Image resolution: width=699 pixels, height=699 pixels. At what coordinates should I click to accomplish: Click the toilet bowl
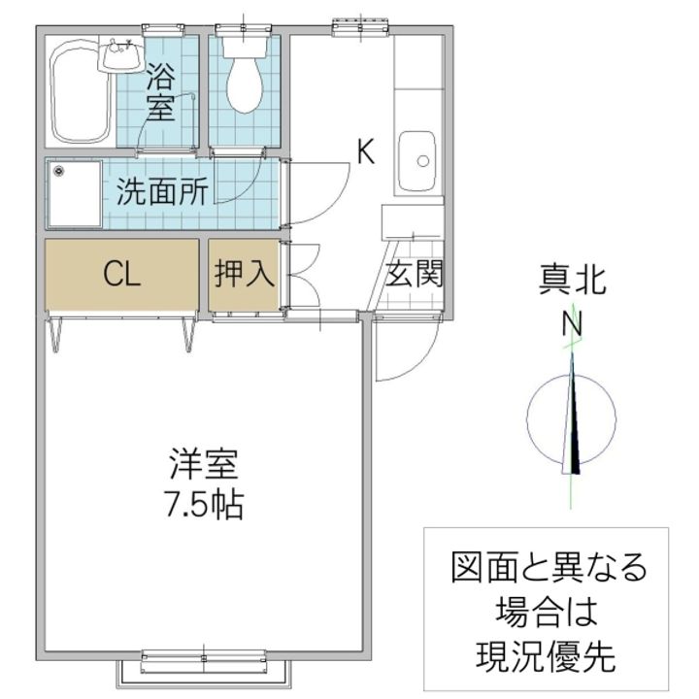244,84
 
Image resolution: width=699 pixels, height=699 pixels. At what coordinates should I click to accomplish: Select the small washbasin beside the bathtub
120,54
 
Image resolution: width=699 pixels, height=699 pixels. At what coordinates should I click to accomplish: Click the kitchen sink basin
416,160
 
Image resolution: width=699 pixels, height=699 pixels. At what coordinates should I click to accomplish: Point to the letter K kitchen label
366,151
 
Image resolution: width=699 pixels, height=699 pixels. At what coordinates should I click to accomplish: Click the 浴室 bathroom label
160,92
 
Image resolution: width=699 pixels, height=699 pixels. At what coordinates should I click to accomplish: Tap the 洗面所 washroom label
162,191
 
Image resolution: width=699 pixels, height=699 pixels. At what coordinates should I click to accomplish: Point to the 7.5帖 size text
204,504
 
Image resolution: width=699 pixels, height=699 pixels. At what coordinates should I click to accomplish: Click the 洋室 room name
204,464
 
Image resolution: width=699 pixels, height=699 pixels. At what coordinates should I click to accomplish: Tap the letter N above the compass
572,324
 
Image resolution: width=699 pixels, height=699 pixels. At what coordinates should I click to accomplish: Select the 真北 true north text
573,280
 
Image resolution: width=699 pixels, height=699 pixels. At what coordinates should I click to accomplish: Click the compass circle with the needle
572,419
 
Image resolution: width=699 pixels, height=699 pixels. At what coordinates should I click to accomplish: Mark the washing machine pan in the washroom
75,194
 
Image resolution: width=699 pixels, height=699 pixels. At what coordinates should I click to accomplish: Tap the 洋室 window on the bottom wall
204,661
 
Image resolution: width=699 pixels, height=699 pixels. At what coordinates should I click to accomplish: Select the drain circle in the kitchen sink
423,160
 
